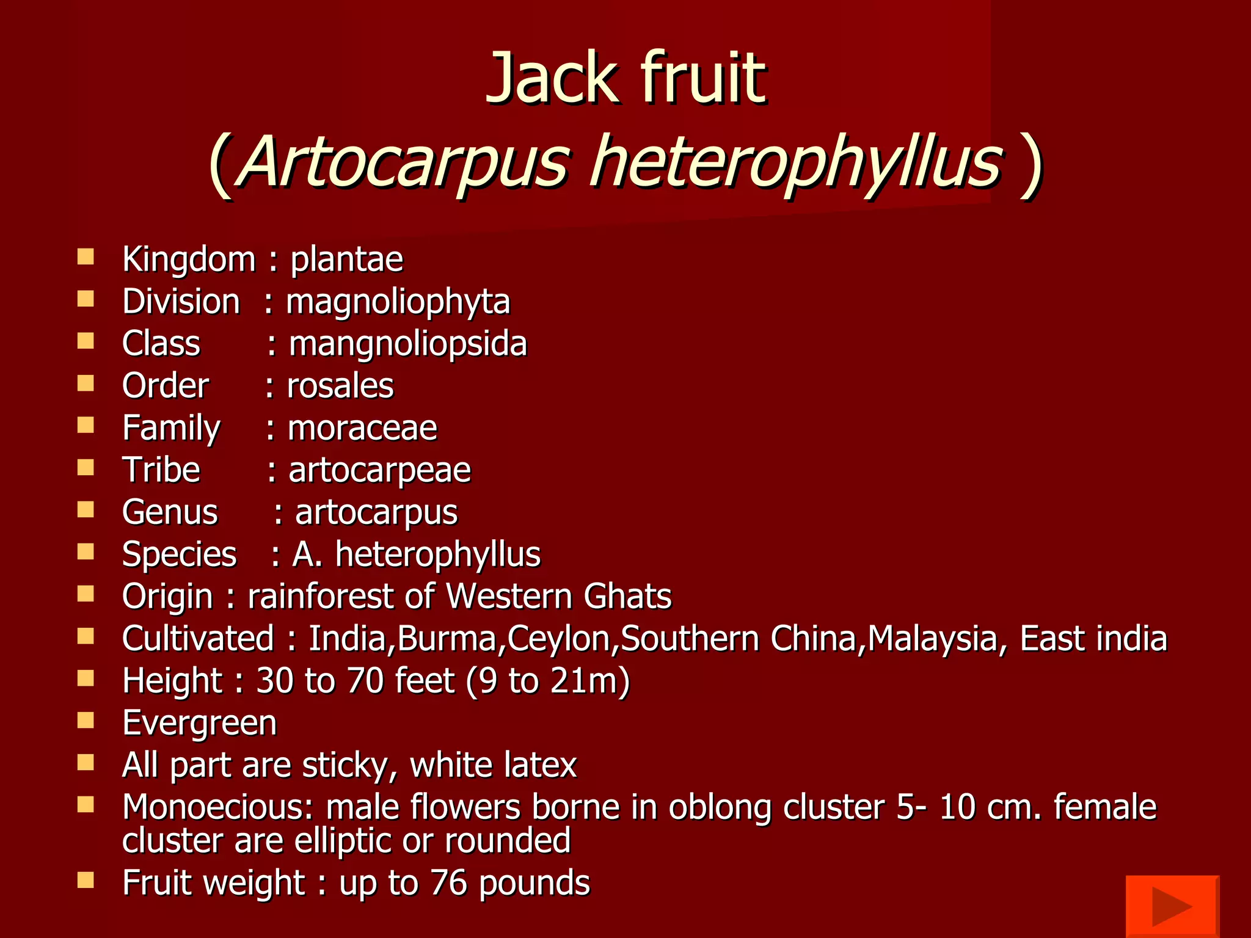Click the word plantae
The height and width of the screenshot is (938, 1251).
[346, 260]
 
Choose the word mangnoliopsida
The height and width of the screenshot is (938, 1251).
[407, 344]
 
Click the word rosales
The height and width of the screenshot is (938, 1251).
[340, 386]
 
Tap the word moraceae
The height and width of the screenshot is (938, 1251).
[362, 428]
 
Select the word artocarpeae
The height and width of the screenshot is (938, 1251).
[379, 471]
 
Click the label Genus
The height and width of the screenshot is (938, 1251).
[170, 512]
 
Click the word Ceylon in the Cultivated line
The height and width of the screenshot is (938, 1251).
[558, 639]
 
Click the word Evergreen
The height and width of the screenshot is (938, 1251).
[199, 724]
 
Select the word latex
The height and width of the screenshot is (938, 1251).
[541, 765]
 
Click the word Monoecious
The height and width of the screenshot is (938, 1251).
[217, 807]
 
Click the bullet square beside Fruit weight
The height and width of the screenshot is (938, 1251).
[86, 880]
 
